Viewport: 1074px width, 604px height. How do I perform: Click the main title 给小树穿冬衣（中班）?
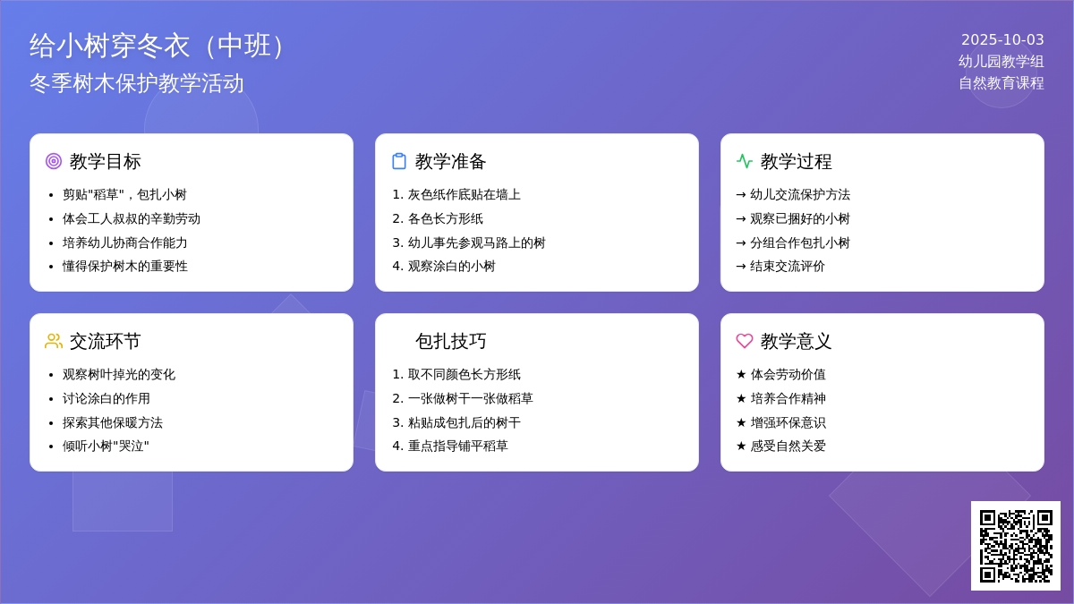158,46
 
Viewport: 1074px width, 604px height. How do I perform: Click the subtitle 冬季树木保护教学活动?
137,83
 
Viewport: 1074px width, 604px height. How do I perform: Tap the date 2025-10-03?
1002,39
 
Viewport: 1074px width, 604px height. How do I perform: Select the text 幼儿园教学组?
1002,62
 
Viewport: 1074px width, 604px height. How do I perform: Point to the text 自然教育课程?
1002,83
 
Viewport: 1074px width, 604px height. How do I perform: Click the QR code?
1016,546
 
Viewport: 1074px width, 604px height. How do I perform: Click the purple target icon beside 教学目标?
54,161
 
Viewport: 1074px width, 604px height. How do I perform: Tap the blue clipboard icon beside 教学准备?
399,161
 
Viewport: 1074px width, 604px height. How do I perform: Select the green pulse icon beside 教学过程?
744,161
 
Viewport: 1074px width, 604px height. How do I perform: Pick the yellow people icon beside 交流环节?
54,341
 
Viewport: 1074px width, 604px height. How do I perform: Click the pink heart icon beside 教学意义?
744,341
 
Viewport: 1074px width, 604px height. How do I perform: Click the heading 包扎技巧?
451,341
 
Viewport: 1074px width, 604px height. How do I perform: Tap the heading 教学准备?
451,162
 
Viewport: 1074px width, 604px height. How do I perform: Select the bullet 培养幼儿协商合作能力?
124,242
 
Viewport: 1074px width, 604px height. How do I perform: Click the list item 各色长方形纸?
445,218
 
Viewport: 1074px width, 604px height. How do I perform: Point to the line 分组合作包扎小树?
800,242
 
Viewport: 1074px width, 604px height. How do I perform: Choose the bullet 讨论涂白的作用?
106,398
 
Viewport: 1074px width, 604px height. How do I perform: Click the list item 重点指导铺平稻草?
457,446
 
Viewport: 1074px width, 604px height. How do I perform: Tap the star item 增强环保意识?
788,422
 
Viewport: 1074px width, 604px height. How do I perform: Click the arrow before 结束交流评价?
741,267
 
